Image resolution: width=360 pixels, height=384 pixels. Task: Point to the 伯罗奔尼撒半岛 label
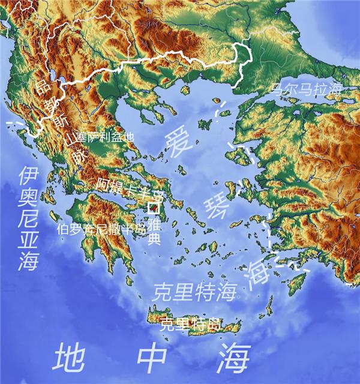[101, 229]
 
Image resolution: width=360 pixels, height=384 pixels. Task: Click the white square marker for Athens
[153, 209]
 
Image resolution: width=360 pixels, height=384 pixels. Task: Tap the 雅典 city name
[155, 232]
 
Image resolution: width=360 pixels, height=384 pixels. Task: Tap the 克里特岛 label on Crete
[189, 325]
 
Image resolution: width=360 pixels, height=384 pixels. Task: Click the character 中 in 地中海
[154, 359]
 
